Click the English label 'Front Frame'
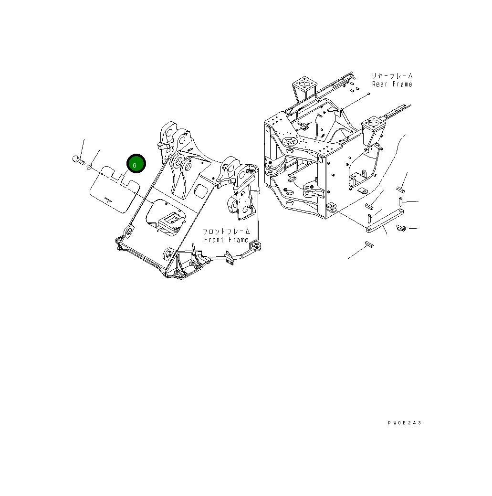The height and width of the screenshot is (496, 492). pos(226,240)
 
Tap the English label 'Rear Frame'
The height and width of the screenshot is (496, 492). pos(392,84)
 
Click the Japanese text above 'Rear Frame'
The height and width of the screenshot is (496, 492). pos(392,76)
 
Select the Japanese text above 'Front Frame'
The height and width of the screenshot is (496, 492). pos(227,232)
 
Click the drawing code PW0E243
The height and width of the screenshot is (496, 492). pos(405,422)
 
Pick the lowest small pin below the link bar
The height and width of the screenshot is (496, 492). pos(369,244)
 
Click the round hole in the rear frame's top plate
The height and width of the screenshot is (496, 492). pos(289,141)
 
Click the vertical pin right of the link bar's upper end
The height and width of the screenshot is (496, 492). pos(402,202)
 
